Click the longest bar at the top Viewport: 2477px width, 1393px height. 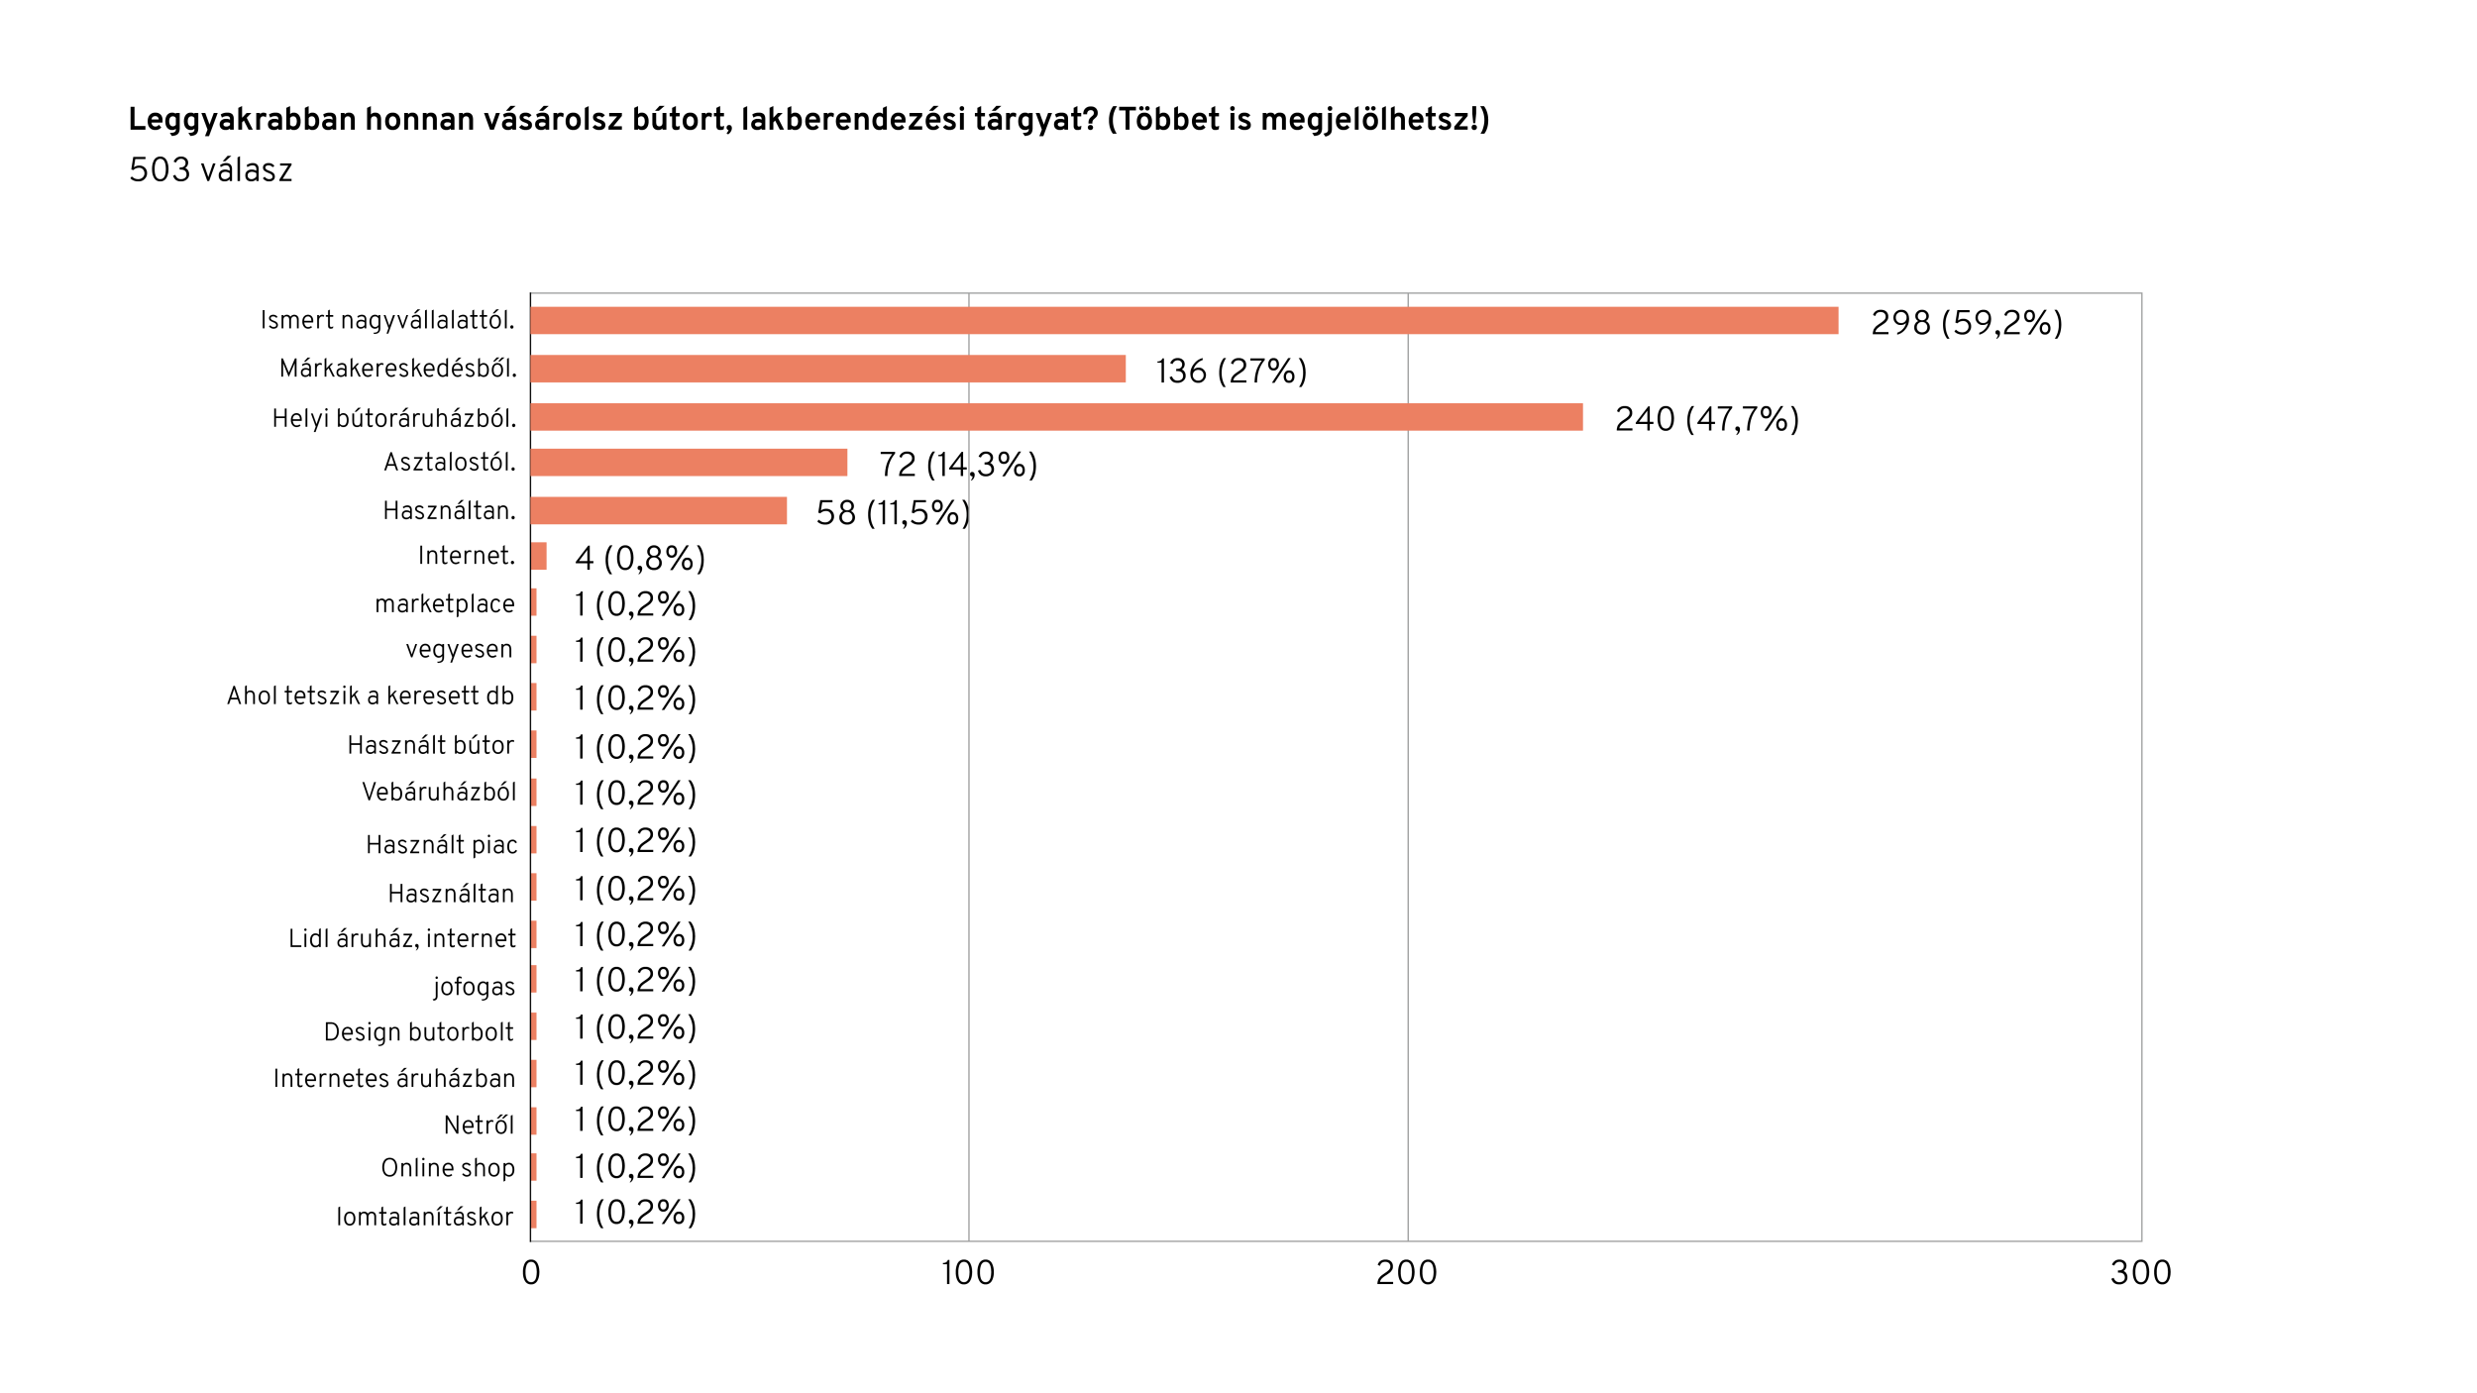(1184, 320)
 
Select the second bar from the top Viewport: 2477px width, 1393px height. (828, 369)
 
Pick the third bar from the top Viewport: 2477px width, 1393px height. (1056, 417)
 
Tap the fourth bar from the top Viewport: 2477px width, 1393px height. (689, 462)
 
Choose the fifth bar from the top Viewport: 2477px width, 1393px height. (659, 510)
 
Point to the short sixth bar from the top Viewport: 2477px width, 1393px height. (539, 556)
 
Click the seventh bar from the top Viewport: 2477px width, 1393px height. (534, 601)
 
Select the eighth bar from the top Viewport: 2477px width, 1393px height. (534, 650)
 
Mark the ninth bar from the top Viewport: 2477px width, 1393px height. (534, 696)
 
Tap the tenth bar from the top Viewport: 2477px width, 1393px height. (534, 744)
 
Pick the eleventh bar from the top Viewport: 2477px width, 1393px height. (534, 792)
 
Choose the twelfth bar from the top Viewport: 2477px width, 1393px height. (534, 839)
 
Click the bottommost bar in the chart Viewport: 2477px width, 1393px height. (534, 1214)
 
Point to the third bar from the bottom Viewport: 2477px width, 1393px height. (534, 1121)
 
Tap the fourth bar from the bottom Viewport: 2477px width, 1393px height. (534, 1073)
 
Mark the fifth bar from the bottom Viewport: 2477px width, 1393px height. (534, 1025)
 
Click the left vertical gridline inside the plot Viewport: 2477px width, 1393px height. (969, 793)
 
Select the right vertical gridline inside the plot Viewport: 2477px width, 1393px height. (1408, 793)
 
